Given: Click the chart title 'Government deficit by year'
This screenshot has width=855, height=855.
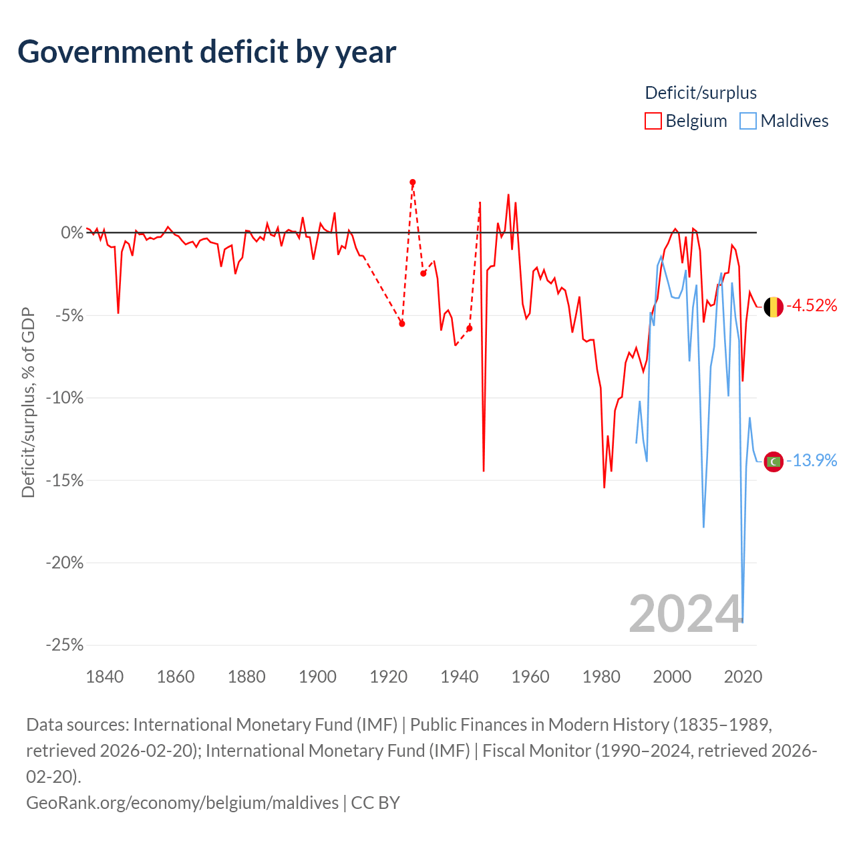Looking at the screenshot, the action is (206, 52).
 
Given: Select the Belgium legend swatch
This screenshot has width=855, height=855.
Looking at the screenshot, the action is (653, 121).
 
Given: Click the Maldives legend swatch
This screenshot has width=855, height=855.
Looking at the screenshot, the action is (747, 121).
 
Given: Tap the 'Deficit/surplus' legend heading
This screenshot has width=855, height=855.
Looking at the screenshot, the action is (701, 93).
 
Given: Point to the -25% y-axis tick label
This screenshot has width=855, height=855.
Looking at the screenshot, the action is (65, 645).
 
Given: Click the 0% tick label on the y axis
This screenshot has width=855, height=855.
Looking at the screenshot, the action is (72, 232).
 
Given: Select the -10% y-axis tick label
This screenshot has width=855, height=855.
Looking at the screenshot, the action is (65, 397).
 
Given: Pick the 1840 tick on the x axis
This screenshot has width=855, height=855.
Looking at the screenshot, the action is (105, 677).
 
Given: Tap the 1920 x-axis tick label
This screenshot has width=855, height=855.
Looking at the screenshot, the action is (388, 677).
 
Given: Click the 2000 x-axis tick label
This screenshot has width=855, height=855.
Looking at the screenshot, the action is (672, 677).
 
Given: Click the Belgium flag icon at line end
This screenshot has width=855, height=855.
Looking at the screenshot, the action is (774, 307).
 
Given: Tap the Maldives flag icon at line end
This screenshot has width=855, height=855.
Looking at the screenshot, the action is (774, 462).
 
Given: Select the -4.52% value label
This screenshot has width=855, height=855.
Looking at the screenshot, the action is (812, 305).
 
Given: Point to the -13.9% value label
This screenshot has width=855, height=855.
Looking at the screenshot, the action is (812, 460).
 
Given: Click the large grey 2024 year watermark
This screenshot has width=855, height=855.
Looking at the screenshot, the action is (685, 615).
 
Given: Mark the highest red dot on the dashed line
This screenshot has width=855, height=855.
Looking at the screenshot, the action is (413, 182).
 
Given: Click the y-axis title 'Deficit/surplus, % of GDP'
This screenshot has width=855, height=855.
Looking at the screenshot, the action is (28, 402).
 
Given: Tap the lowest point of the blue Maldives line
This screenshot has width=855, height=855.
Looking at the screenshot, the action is (743, 622).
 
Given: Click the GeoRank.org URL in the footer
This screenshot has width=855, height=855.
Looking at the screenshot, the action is (182, 803).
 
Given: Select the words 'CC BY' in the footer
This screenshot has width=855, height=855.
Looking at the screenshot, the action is (375, 803).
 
